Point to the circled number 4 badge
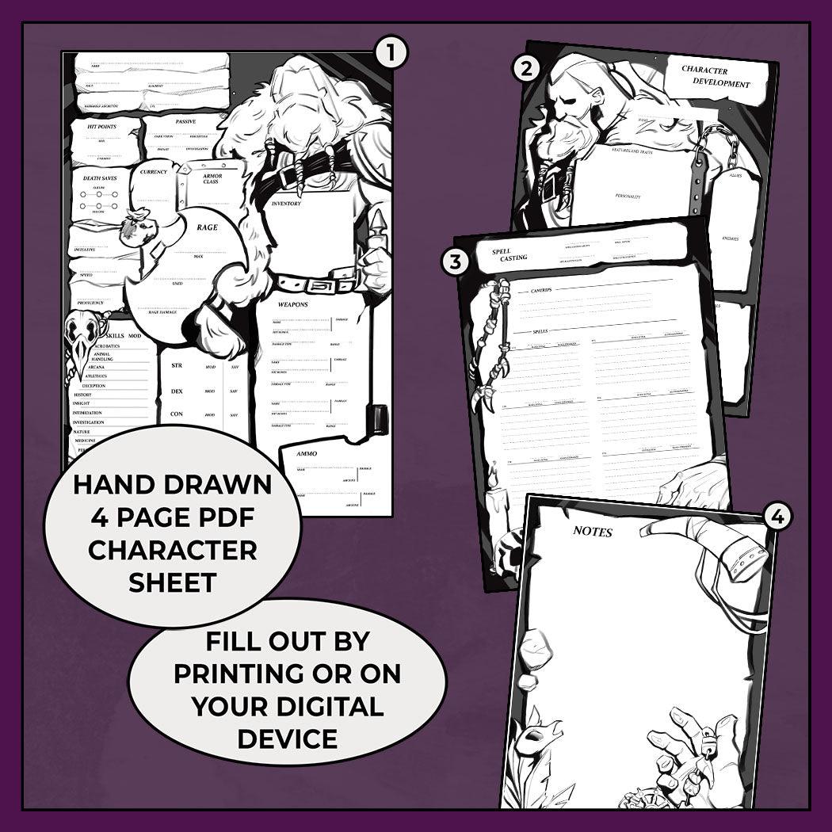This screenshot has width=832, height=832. point(777,517)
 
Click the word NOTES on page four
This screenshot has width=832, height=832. point(593,532)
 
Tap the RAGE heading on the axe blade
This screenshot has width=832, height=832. point(208,228)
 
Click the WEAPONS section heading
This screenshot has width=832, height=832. point(293,304)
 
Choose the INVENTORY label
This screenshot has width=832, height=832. point(286,204)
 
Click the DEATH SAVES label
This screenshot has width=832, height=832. point(101,178)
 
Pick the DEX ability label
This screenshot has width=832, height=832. point(177,391)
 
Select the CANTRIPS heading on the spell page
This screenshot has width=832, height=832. point(536,290)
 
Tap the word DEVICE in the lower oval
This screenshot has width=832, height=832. point(288,738)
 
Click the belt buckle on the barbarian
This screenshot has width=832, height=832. point(322,284)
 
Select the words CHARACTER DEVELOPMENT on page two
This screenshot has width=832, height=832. point(715,76)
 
